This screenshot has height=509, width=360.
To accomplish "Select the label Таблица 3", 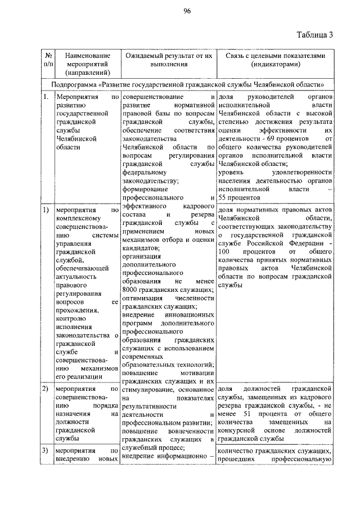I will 315,35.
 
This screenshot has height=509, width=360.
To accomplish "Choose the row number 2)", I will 45,389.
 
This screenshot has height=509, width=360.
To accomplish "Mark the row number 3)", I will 45,450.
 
